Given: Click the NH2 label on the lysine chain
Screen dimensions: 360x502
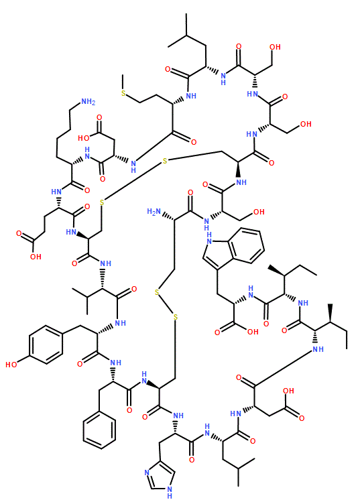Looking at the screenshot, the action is [88, 102].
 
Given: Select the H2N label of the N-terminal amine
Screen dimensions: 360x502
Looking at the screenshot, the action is [154, 212].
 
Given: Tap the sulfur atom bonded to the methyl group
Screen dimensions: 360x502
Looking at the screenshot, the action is [123, 93].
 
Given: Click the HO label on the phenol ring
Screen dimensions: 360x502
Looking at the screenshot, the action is [11, 365].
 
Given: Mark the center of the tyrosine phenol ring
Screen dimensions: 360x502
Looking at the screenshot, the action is [46, 344].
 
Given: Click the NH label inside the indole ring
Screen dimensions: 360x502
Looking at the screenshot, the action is [209, 239].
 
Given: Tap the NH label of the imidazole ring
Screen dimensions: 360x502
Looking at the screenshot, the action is [170, 492].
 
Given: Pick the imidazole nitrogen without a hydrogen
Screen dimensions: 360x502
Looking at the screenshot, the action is [147, 473].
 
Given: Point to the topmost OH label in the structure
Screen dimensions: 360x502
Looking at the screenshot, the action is [275, 47].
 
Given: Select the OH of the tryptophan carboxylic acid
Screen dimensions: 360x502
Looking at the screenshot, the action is [253, 332].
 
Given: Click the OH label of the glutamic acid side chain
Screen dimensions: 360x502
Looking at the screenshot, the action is [36, 257].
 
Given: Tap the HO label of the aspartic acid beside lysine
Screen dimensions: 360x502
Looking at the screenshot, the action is [84, 138].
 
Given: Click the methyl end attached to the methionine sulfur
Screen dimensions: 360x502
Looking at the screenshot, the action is [123, 75].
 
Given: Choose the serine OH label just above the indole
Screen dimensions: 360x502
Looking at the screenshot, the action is [259, 212].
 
